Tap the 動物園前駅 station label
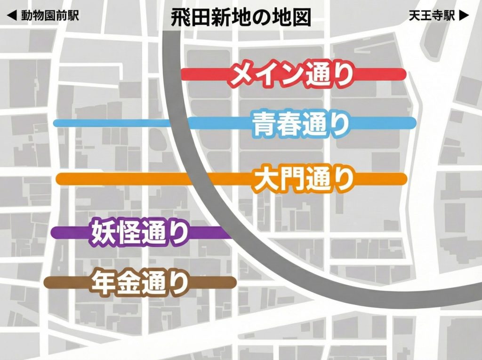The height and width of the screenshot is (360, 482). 49,16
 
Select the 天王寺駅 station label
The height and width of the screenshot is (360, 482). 433,16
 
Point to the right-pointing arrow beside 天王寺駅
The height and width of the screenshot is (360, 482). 464,16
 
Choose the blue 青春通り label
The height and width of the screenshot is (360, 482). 301,124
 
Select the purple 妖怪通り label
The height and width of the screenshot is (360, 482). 139,232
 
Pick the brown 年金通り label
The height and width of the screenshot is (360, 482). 139,282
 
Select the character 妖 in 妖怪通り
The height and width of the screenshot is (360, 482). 103,232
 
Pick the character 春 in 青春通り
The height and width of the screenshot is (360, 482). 289,124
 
